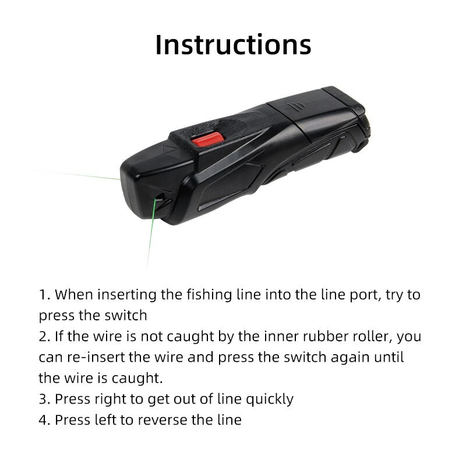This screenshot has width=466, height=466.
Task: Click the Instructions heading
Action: [233, 45]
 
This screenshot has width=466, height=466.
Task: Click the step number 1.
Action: [44, 294]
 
